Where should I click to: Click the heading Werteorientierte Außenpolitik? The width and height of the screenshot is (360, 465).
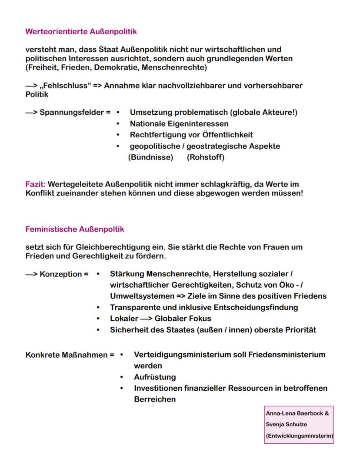coord(81,31)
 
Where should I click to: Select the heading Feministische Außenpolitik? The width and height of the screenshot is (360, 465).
coord(75,229)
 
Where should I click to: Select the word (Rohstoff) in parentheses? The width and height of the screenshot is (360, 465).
coord(206,157)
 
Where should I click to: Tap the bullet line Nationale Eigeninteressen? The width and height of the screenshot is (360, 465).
coord(179,124)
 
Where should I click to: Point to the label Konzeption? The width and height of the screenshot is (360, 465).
coord(60,274)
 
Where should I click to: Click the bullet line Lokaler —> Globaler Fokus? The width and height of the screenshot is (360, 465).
coord(160,319)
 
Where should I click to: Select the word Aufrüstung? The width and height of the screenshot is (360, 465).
coord(155,377)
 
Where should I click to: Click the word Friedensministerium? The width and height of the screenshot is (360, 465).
coord(287,355)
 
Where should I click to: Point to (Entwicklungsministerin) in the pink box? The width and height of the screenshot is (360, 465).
coord(299,435)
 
